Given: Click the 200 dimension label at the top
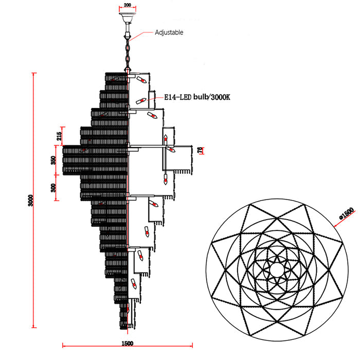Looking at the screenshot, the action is (127, 5).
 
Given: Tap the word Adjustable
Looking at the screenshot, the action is (169, 32).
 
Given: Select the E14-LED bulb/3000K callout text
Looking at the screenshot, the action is (197, 97).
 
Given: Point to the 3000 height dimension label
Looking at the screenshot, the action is (31, 201).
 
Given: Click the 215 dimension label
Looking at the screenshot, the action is (59, 136).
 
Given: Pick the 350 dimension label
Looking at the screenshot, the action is (53, 160).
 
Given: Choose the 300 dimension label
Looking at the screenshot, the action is (53, 188).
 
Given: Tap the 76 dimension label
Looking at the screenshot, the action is (200, 150).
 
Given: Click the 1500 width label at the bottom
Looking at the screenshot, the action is (127, 343).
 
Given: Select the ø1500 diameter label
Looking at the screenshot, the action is (347, 213).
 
